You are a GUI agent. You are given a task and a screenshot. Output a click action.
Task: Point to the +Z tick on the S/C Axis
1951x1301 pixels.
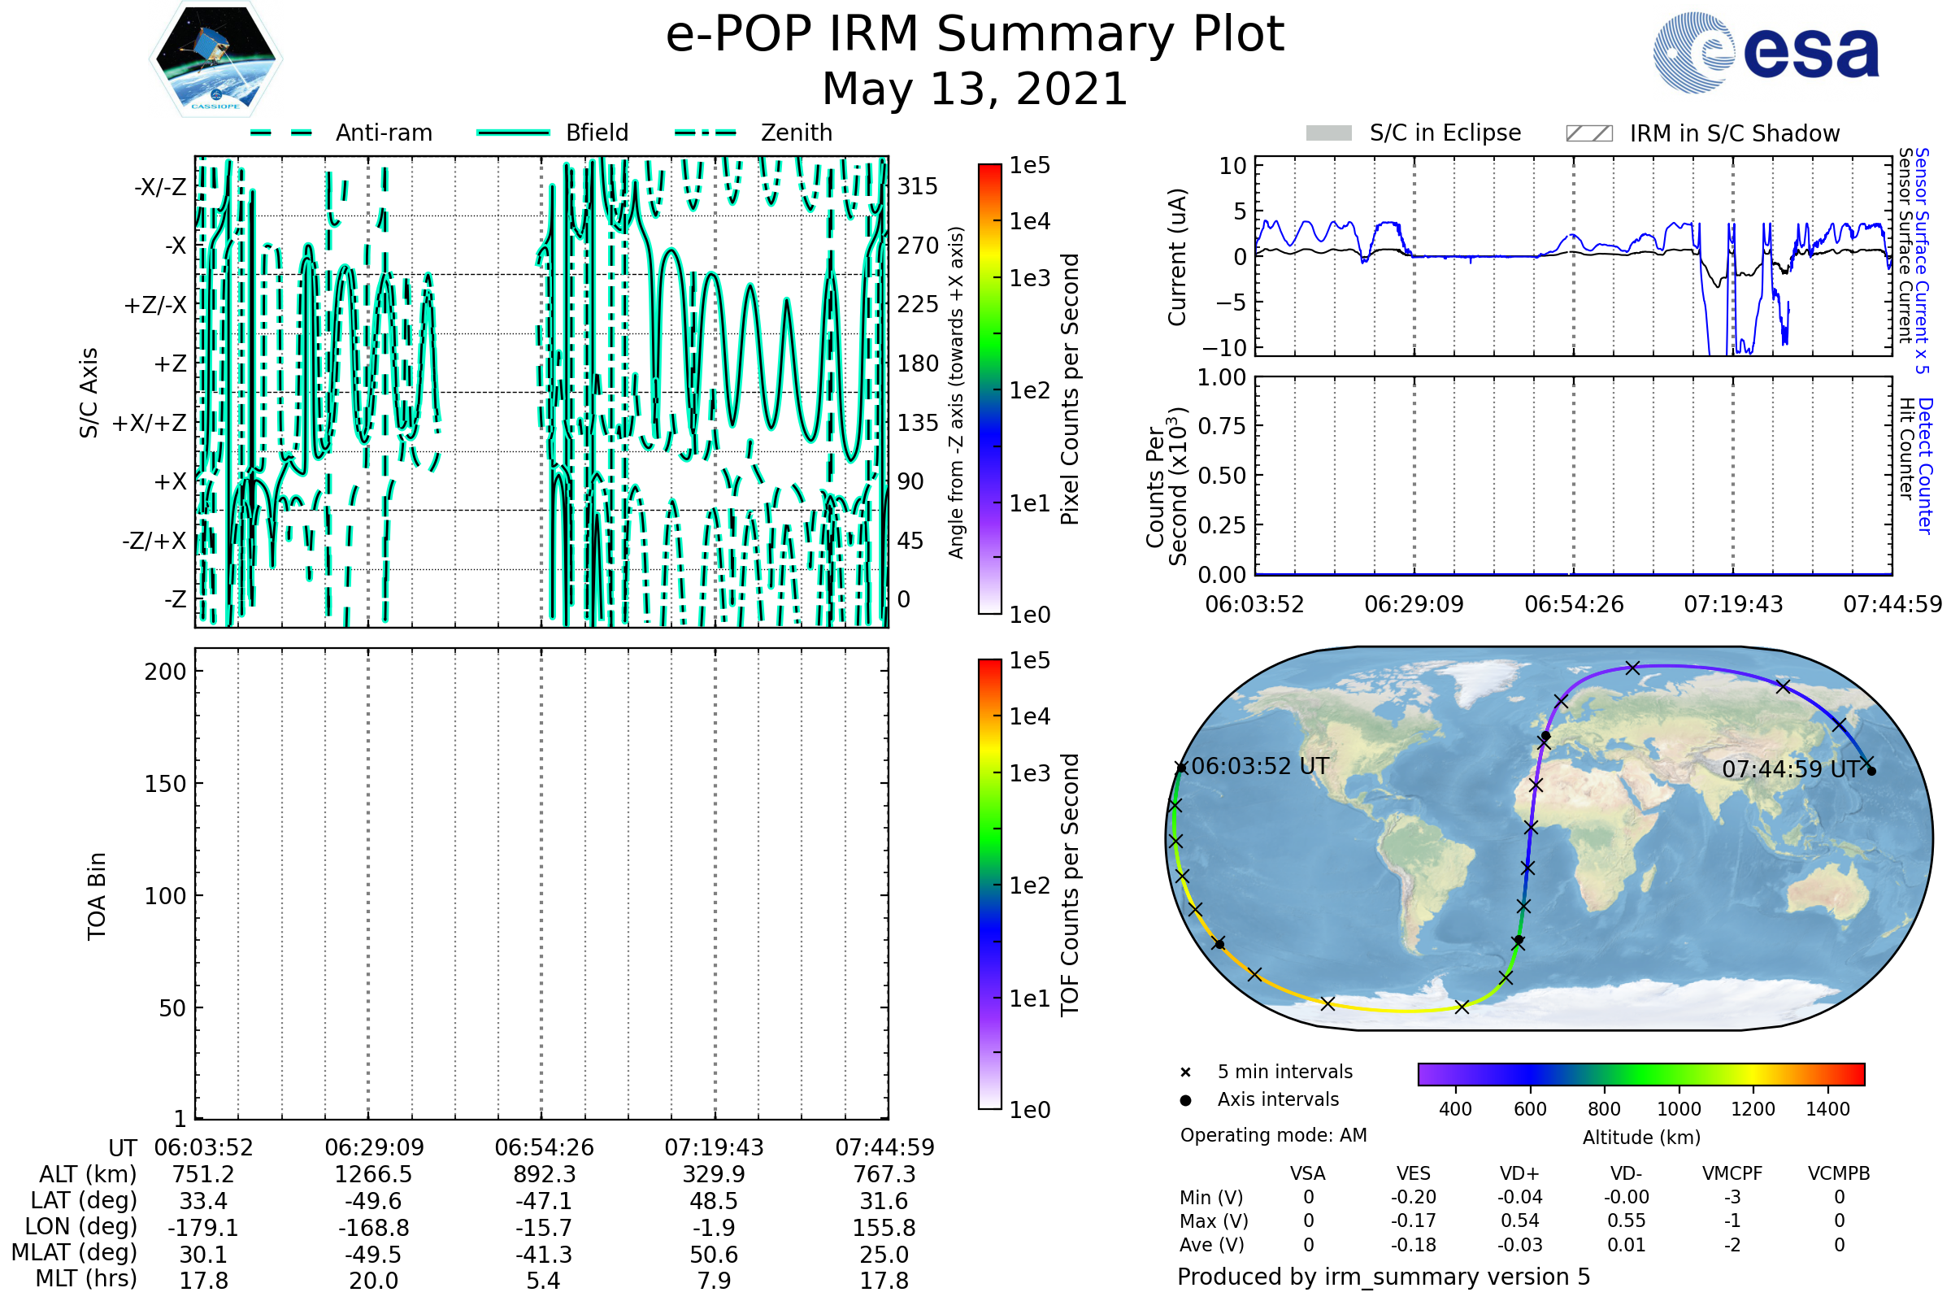(x=170, y=364)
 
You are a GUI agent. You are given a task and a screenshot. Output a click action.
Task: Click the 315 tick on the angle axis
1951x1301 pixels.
(x=917, y=187)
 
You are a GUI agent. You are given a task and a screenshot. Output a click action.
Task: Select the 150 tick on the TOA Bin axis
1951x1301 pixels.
(x=165, y=784)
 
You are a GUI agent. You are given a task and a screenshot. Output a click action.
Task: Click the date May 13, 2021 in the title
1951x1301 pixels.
(x=975, y=89)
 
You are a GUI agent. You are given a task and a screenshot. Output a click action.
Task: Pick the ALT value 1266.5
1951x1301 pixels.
(x=373, y=1175)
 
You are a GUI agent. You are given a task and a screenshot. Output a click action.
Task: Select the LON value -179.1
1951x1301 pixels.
(x=203, y=1228)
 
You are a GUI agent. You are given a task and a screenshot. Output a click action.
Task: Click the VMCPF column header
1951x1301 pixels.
(x=1732, y=1174)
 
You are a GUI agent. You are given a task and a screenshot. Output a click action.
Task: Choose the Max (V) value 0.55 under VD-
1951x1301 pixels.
(x=1626, y=1221)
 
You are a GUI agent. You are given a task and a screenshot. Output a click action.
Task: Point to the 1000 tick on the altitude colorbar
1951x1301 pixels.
(x=1679, y=1109)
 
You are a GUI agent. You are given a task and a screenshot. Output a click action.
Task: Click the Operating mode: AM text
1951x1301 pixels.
(x=1273, y=1135)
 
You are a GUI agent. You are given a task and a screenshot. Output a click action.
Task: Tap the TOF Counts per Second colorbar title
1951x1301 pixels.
(x=1070, y=885)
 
